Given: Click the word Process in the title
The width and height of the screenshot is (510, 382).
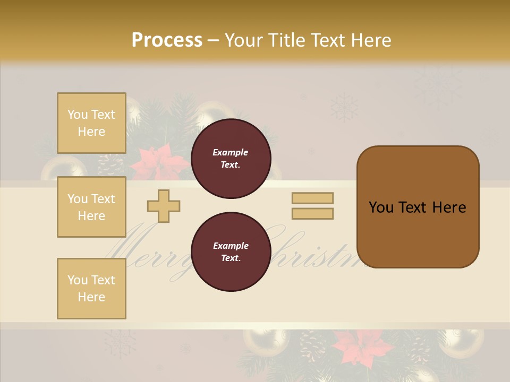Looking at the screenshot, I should pyautogui.click(x=167, y=40).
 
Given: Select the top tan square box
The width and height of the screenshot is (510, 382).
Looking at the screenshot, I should pyautogui.click(x=91, y=123).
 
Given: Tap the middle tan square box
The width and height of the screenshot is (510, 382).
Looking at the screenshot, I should pyautogui.click(x=91, y=207).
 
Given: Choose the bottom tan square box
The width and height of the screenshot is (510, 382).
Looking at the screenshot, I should pyautogui.click(x=91, y=289).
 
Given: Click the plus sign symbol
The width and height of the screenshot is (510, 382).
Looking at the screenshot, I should pyautogui.click(x=164, y=206).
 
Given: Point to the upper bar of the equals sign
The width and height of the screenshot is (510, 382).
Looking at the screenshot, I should pyautogui.click(x=312, y=198).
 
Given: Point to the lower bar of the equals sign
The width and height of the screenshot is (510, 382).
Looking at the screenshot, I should pyautogui.click(x=312, y=213).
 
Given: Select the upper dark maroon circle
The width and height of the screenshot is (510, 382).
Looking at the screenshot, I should pyautogui.click(x=231, y=159).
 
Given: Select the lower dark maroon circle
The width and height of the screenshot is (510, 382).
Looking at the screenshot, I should pyautogui.click(x=231, y=252).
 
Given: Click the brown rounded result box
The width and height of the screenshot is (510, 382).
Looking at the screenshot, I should pyautogui.click(x=418, y=207).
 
